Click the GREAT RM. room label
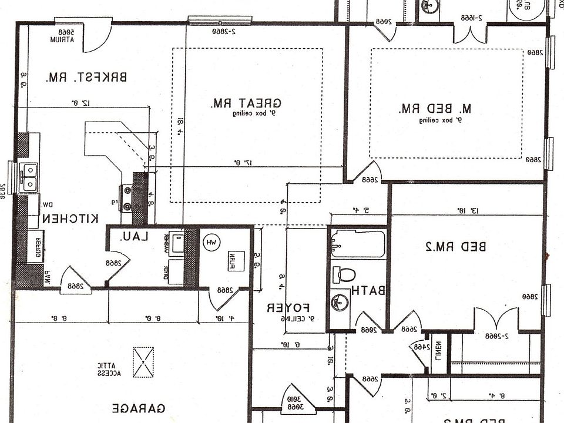click(x=246, y=103)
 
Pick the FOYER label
click(x=288, y=307)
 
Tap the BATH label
click(x=368, y=290)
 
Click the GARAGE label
click(x=138, y=408)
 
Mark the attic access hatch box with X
click(x=144, y=362)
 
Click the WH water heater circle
click(x=211, y=242)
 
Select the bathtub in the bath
click(x=357, y=244)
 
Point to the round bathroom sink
click(x=339, y=303)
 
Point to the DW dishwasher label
click(x=48, y=204)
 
